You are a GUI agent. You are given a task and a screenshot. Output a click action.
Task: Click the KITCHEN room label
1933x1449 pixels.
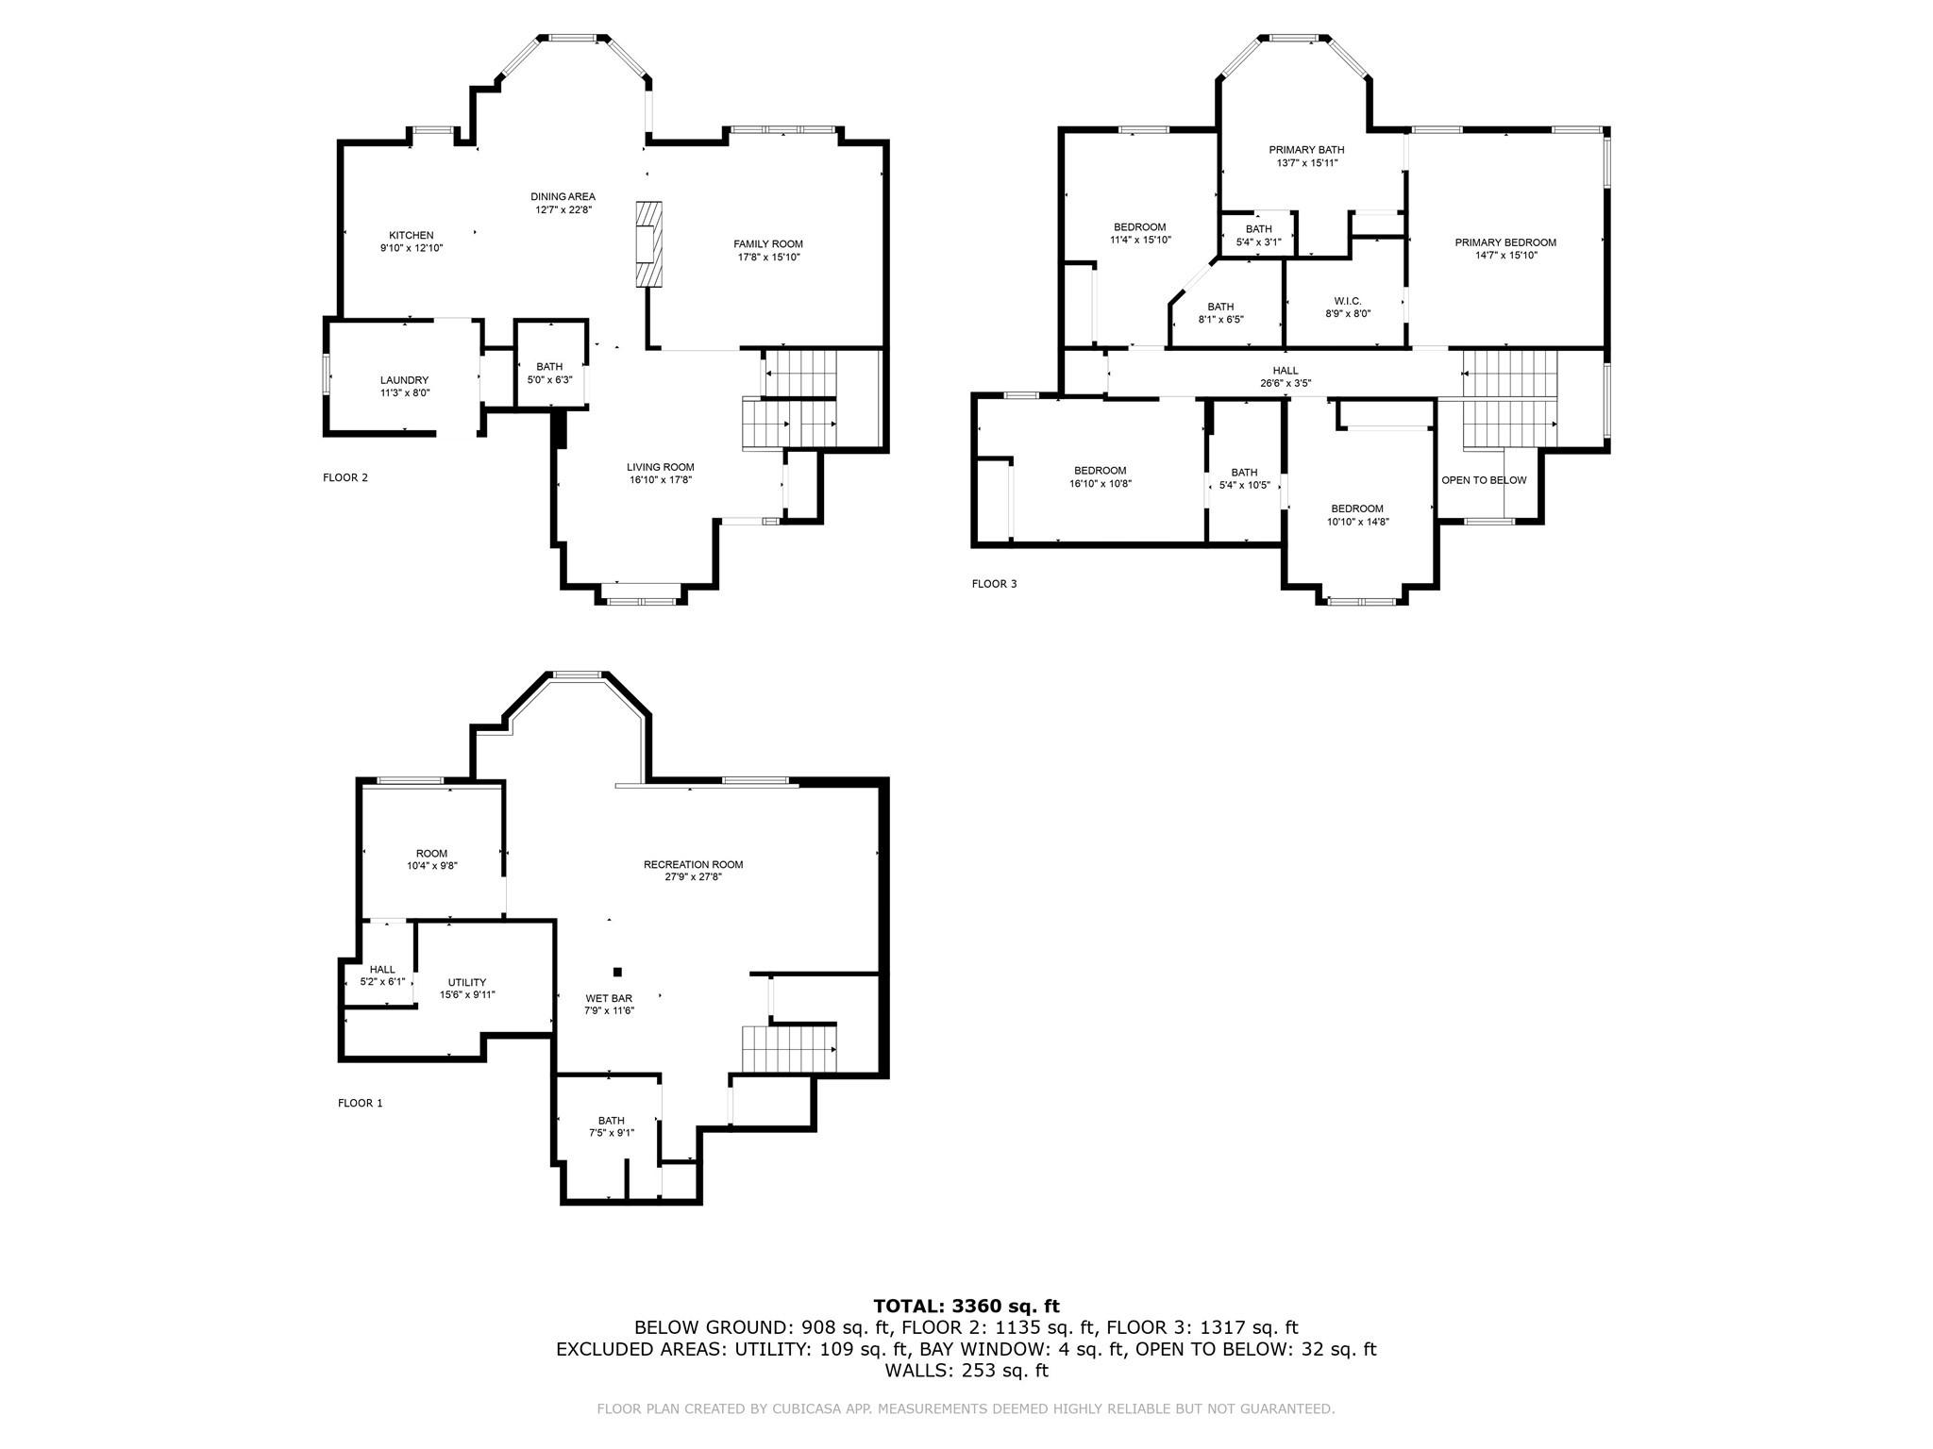412,235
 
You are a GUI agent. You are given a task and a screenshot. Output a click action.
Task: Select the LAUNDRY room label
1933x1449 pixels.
404,380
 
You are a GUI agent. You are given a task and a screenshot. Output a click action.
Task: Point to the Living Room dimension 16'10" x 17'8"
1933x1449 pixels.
661,479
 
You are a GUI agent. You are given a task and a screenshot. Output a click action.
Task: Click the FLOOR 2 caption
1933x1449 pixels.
345,477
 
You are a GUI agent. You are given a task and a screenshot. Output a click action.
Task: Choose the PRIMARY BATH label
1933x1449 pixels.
1306,150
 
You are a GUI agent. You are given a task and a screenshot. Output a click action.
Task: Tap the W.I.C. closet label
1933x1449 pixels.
1347,301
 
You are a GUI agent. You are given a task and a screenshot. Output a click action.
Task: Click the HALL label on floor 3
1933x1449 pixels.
1285,371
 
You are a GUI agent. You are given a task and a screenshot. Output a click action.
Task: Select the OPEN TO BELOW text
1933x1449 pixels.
1483,480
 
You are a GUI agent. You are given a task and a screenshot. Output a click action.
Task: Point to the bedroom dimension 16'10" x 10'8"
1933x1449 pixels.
1100,483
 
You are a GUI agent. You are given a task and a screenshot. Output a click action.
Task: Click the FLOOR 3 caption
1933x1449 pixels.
994,584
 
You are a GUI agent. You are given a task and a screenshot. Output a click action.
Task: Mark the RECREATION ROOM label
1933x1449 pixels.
693,864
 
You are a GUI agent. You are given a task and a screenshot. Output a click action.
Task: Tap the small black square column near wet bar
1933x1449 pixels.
618,972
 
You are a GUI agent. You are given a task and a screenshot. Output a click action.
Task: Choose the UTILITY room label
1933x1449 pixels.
467,982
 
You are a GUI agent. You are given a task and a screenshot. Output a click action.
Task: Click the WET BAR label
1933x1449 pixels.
609,998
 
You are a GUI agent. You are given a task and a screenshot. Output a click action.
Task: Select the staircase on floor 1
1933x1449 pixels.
789,1049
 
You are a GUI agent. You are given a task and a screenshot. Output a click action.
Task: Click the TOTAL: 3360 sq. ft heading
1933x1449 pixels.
966,1306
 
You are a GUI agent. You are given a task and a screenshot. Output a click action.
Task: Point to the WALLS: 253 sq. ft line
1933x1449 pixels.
966,1370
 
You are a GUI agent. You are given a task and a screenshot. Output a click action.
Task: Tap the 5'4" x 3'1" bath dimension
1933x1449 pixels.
1258,241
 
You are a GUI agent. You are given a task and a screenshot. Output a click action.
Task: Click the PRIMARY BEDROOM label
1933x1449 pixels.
1504,242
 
